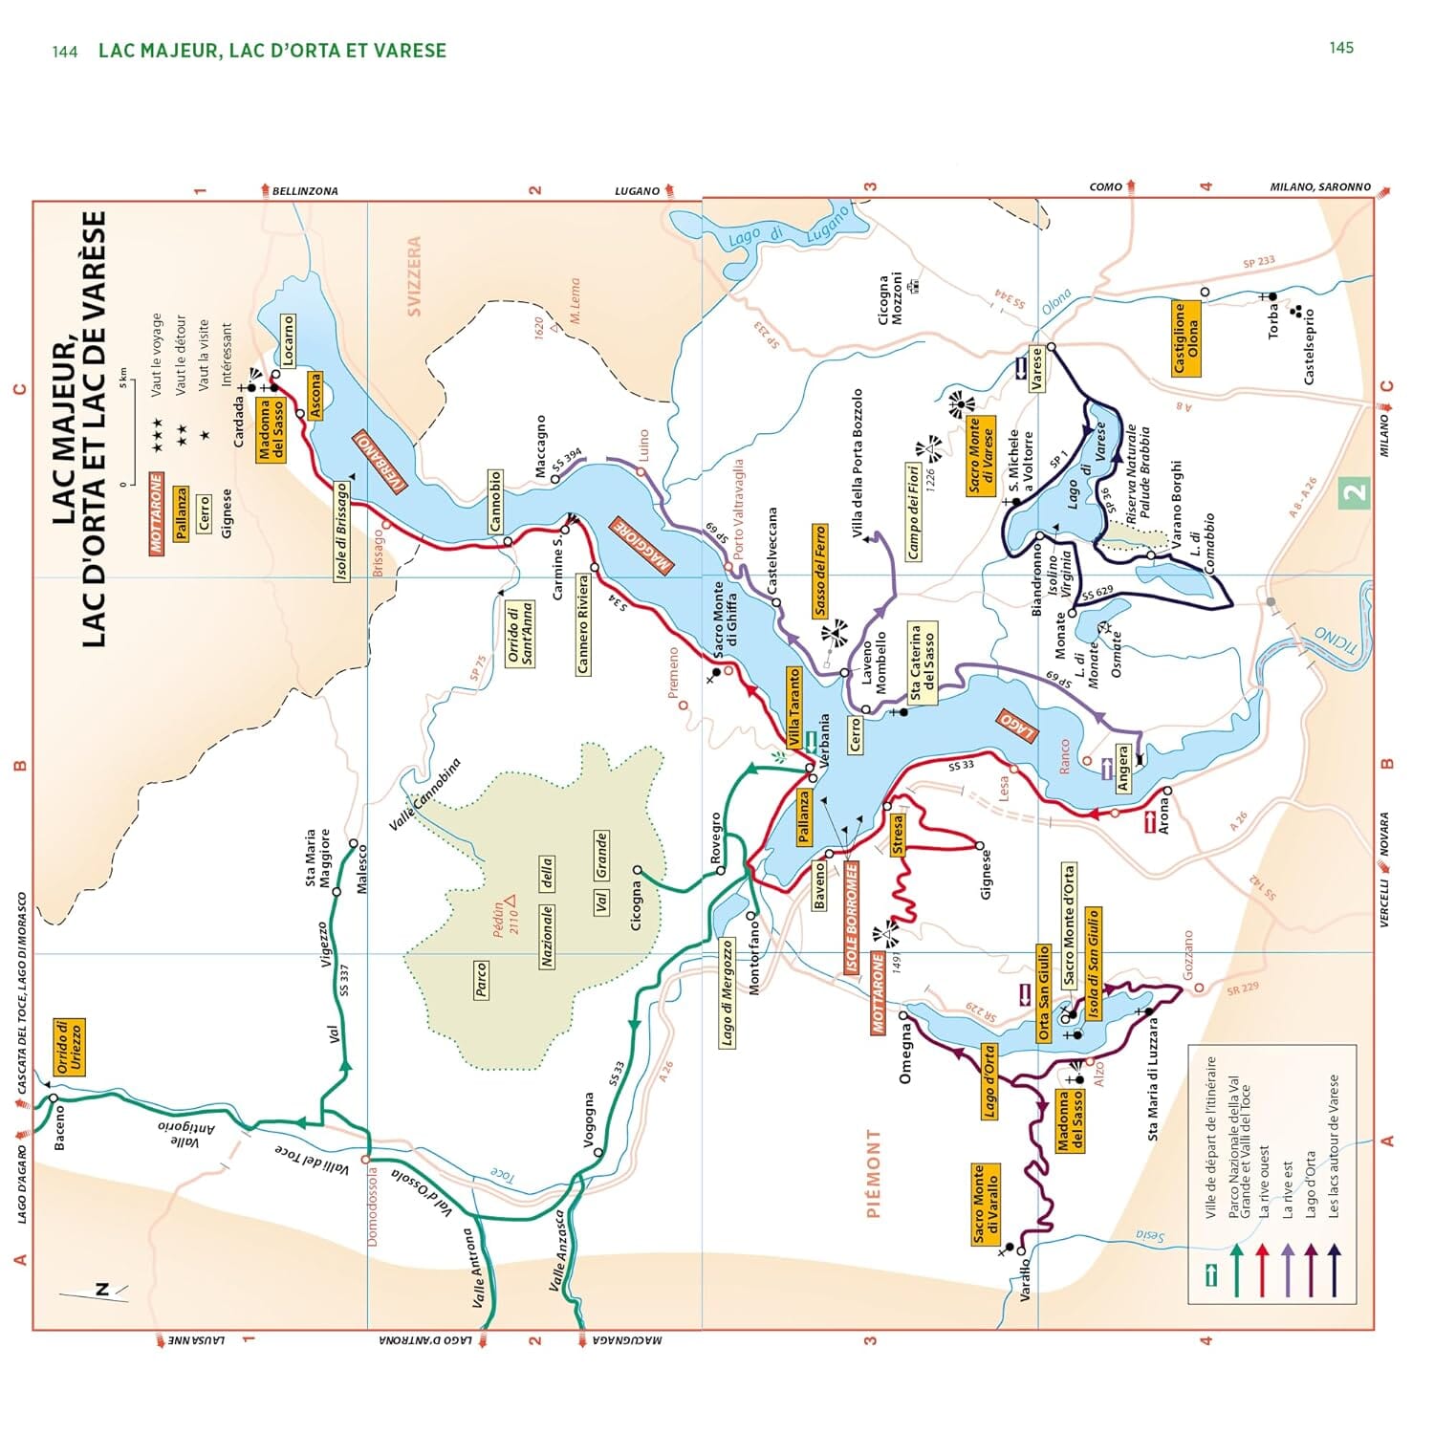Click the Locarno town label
pyautogui.click(x=288, y=339)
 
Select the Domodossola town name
pyautogui.click(x=373, y=1206)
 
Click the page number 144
pyautogui.click(x=65, y=52)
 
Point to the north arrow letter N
pyautogui.click(x=102, y=1290)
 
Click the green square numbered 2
pyautogui.click(x=1355, y=493)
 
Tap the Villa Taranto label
pyautogui.click(x=793, y=708)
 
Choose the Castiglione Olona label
pyautogui.click(x=1185, y=338)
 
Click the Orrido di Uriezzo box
pyautogui.click(x=69, y=1047)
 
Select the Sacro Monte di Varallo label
pyautogui.click(x=985, y=1204)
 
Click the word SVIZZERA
pyautogui.click(x=414, y=276)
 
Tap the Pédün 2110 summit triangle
pyautogui.click(x=511, y=901)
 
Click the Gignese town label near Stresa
pyautogui.click(x=986, y=874)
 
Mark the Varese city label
pyautogui.click(x=1035, y=369)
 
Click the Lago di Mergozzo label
pyautogui.click(x=727, y=992)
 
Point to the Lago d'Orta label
pyautogui.click(x=989, y=1081)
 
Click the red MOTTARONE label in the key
pyautogui.click(x=157, y=512)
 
